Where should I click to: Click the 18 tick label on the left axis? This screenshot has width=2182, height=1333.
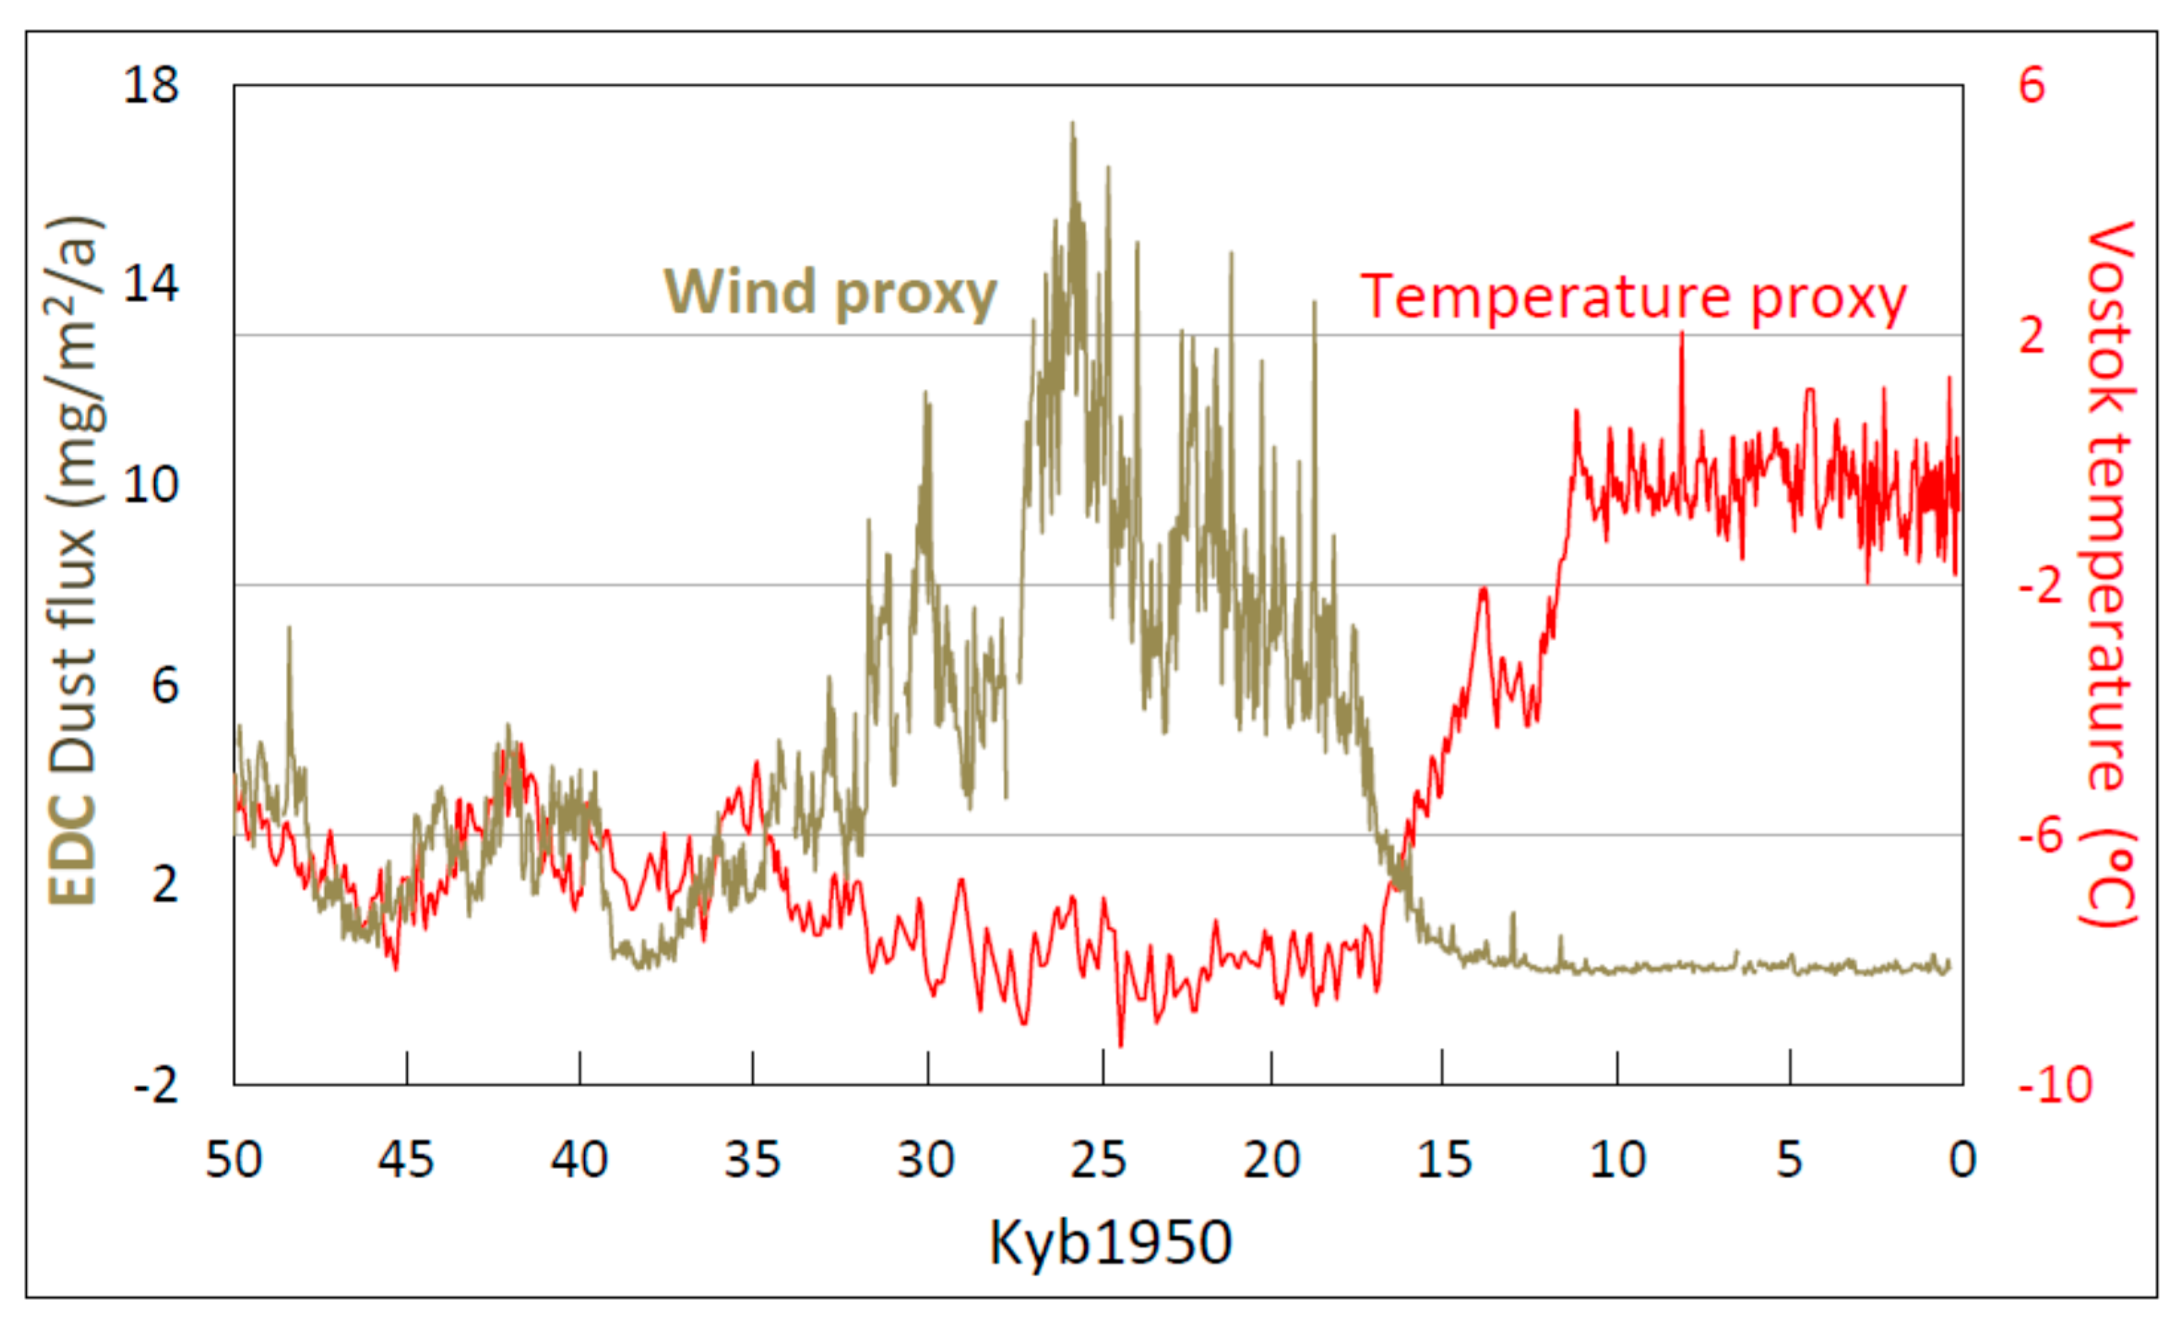[151, 86]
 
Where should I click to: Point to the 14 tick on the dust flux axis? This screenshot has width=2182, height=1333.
[151, 285]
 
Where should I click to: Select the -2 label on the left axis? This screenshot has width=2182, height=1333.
[156, 1085]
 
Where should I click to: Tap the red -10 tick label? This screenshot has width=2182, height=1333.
[2054, 1085]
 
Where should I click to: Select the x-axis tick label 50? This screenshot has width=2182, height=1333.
[234, 1160]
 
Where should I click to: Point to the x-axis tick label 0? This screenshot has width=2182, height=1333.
[1962, 1160]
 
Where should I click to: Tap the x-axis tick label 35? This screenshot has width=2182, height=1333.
[752, 1160]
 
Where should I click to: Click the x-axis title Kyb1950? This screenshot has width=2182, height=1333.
[1110, 1242]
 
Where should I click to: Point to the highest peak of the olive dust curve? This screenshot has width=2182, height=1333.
[1072, 124]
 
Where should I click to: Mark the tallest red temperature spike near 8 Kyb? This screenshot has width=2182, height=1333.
[1681, 334]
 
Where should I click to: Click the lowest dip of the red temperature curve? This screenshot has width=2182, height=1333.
[1121, 1045]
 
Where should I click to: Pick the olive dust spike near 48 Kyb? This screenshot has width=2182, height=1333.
[289, 628]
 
